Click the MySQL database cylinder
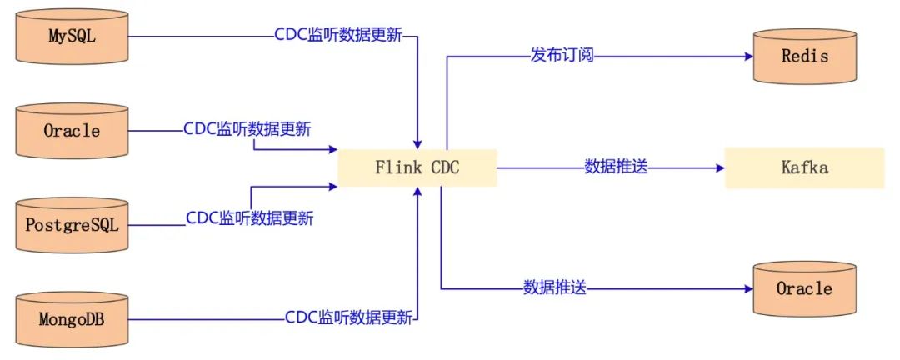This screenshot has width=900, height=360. click(72, 37)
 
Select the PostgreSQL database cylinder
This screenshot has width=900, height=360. click(72, 225)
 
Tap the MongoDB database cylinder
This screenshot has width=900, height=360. click(72, 319)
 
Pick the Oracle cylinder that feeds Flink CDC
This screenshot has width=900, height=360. click(72, 131)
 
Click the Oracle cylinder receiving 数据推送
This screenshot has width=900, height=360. click(804, 288)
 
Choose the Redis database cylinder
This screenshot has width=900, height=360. click(804, 57)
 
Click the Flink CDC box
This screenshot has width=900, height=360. click(417, 167)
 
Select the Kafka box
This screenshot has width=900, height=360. click(804, 167)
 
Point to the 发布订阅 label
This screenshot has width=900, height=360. click(562, 57)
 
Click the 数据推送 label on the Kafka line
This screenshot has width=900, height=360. click(616, 167)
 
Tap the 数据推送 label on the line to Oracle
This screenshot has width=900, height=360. click(555, 288)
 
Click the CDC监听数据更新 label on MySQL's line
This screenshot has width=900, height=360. click(338, 36)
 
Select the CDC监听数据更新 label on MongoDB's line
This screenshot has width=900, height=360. click(348, 318)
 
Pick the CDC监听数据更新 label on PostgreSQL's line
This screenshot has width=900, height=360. click(249, 219)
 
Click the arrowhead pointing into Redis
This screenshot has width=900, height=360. click(747, 57)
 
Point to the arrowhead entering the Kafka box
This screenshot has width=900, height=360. click(719, 167)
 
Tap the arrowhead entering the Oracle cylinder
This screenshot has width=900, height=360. click(747, 288)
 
